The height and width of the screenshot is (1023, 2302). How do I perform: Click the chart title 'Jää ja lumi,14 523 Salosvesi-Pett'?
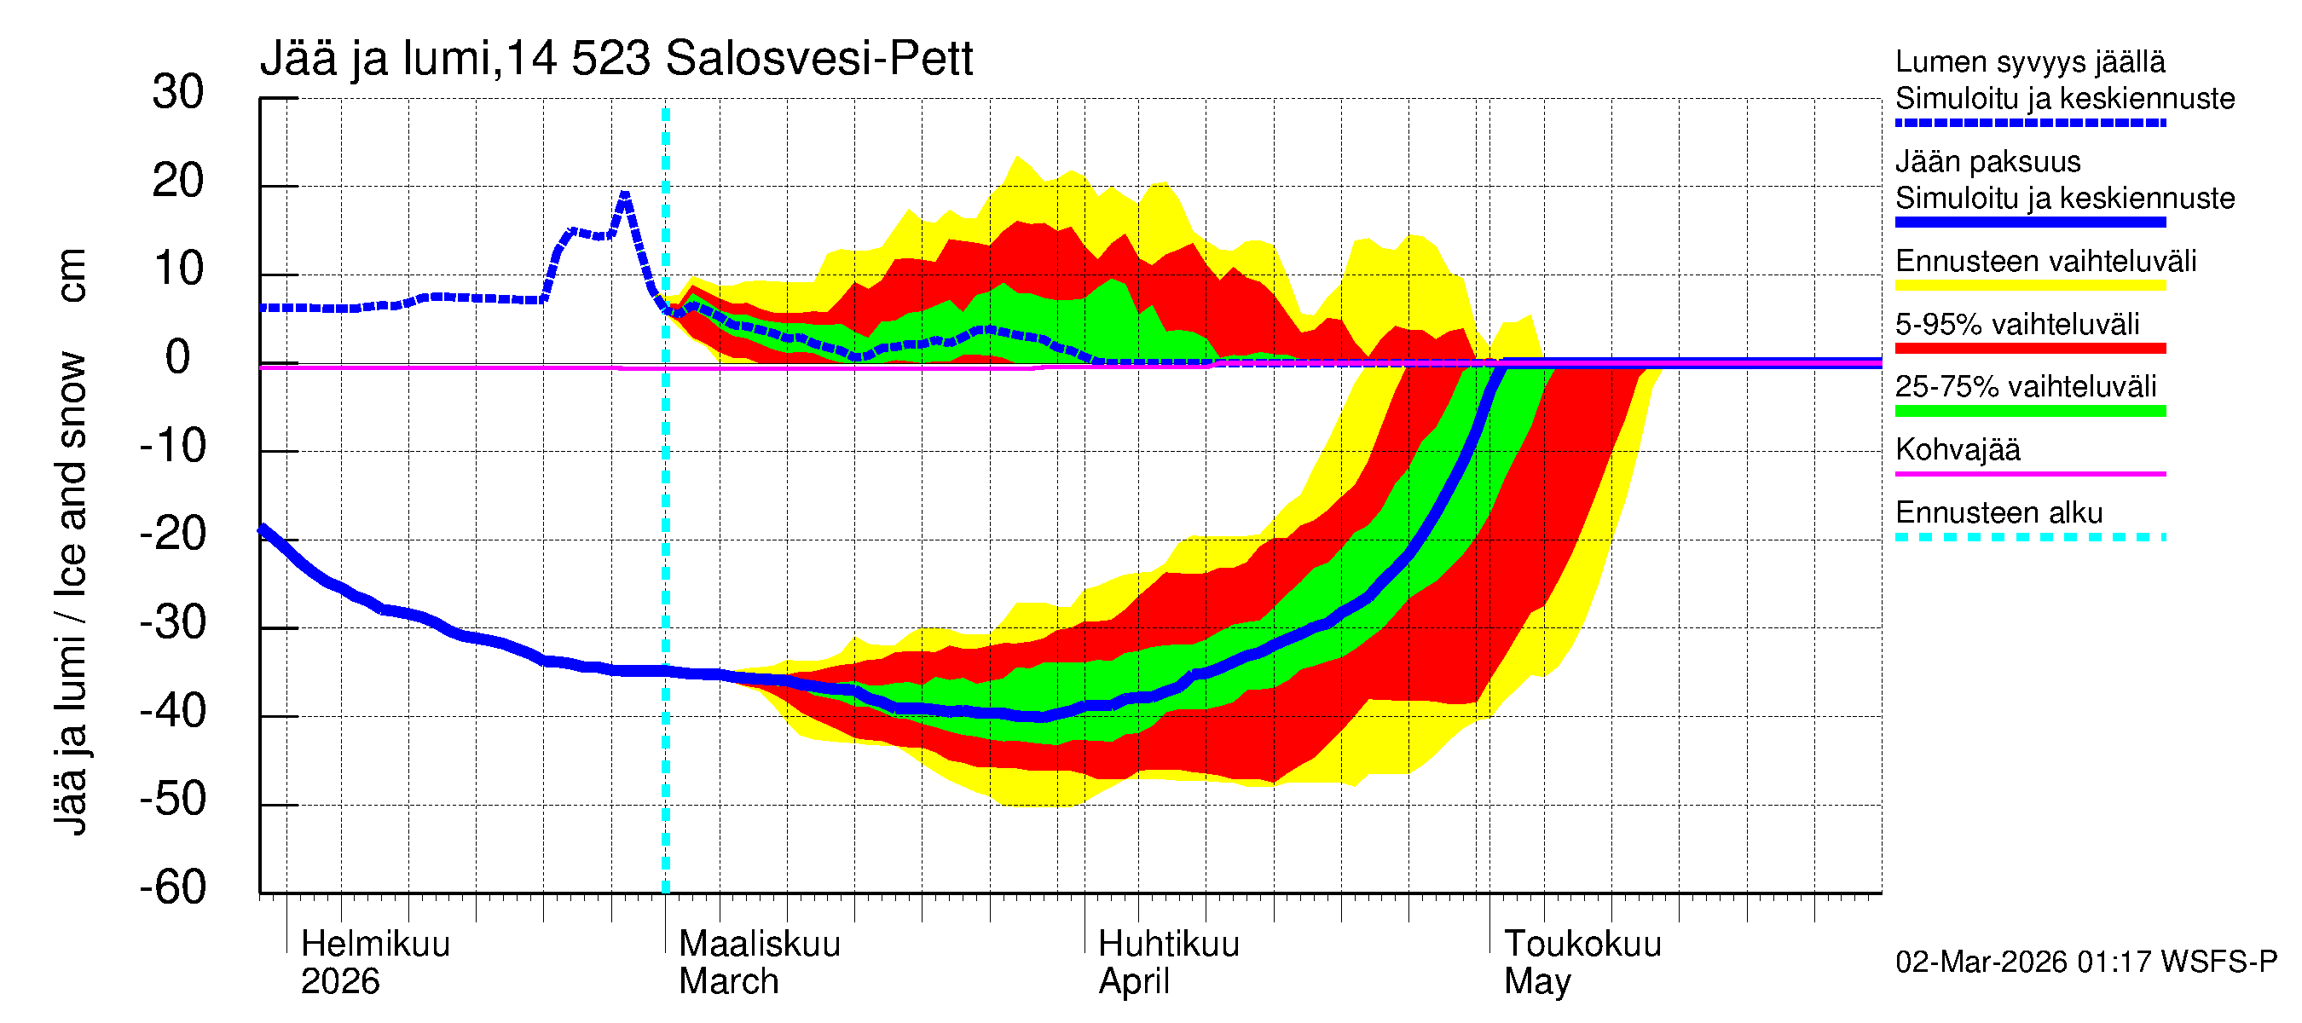click(616, 59)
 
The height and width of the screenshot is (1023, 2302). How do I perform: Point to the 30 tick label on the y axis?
click(178, 92)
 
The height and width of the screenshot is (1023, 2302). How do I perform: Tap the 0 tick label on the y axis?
click(178, 357)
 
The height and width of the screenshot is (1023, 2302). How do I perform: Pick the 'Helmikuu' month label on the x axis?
click(375, 944)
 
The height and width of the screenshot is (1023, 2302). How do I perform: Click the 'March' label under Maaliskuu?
click(728, 981)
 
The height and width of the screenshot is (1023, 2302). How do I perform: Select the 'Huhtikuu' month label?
click(1168, 944)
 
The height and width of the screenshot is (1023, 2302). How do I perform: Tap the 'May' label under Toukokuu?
click(1536, 981)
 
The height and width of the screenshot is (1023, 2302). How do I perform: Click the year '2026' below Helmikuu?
click(339, 981)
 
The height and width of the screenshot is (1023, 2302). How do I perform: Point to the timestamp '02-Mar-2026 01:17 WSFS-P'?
click(2085, 962)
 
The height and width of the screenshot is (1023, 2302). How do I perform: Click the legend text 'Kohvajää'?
click(1957, 449)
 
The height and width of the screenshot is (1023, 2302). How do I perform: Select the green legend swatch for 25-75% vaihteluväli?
click(2029, 411)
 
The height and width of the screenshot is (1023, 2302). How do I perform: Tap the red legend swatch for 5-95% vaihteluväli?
click(2029, 349)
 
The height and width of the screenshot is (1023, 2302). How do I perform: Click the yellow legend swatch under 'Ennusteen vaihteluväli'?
click(2029, 286)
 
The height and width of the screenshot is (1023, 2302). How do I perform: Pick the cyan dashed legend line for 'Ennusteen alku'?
click(2029, 537)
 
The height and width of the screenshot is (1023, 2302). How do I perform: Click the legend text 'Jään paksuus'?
click(1987, 162)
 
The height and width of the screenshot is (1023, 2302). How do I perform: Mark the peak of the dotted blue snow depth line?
click(625, 194)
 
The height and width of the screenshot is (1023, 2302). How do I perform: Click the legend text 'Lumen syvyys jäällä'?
click(2029, 61)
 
